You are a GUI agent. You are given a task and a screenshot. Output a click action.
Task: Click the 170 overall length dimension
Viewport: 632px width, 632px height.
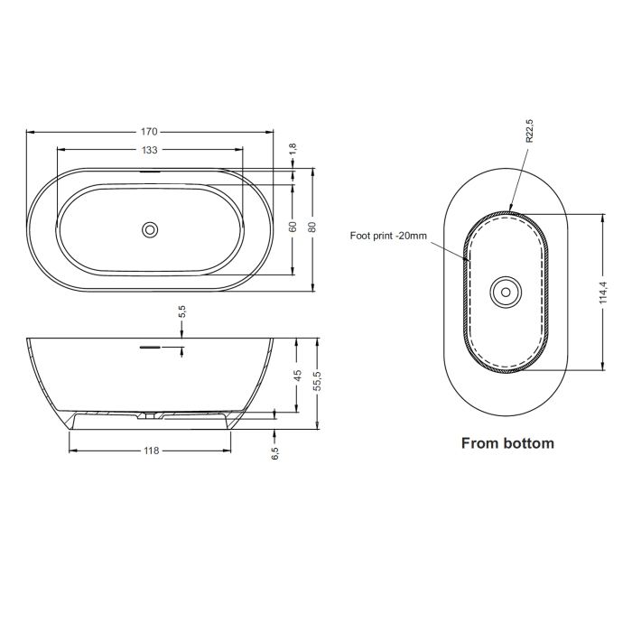150,132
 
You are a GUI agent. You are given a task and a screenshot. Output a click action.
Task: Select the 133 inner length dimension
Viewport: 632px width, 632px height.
150,150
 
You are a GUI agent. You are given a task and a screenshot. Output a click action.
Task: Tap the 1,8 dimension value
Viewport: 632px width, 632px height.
292,150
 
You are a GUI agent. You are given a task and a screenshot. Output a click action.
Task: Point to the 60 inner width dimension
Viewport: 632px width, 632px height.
293,228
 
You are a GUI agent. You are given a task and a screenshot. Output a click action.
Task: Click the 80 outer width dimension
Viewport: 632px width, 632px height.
312,228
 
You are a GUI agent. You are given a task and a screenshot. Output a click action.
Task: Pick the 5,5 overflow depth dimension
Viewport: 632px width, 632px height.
182,312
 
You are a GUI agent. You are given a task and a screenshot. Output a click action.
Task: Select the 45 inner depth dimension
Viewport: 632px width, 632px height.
298,376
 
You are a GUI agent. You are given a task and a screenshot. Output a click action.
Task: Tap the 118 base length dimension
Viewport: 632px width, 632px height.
150,451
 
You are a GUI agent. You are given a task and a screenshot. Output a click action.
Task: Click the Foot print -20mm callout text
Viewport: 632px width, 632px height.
388,236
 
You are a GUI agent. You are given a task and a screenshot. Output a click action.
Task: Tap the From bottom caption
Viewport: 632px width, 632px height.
507,443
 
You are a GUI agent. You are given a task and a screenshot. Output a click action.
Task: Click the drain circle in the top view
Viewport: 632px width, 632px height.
150,229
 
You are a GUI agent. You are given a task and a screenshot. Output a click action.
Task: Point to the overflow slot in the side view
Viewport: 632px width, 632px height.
149,346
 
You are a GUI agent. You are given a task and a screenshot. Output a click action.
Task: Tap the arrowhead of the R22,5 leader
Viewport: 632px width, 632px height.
510,209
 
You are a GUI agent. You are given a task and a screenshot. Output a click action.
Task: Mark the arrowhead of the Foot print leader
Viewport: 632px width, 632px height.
468,260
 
